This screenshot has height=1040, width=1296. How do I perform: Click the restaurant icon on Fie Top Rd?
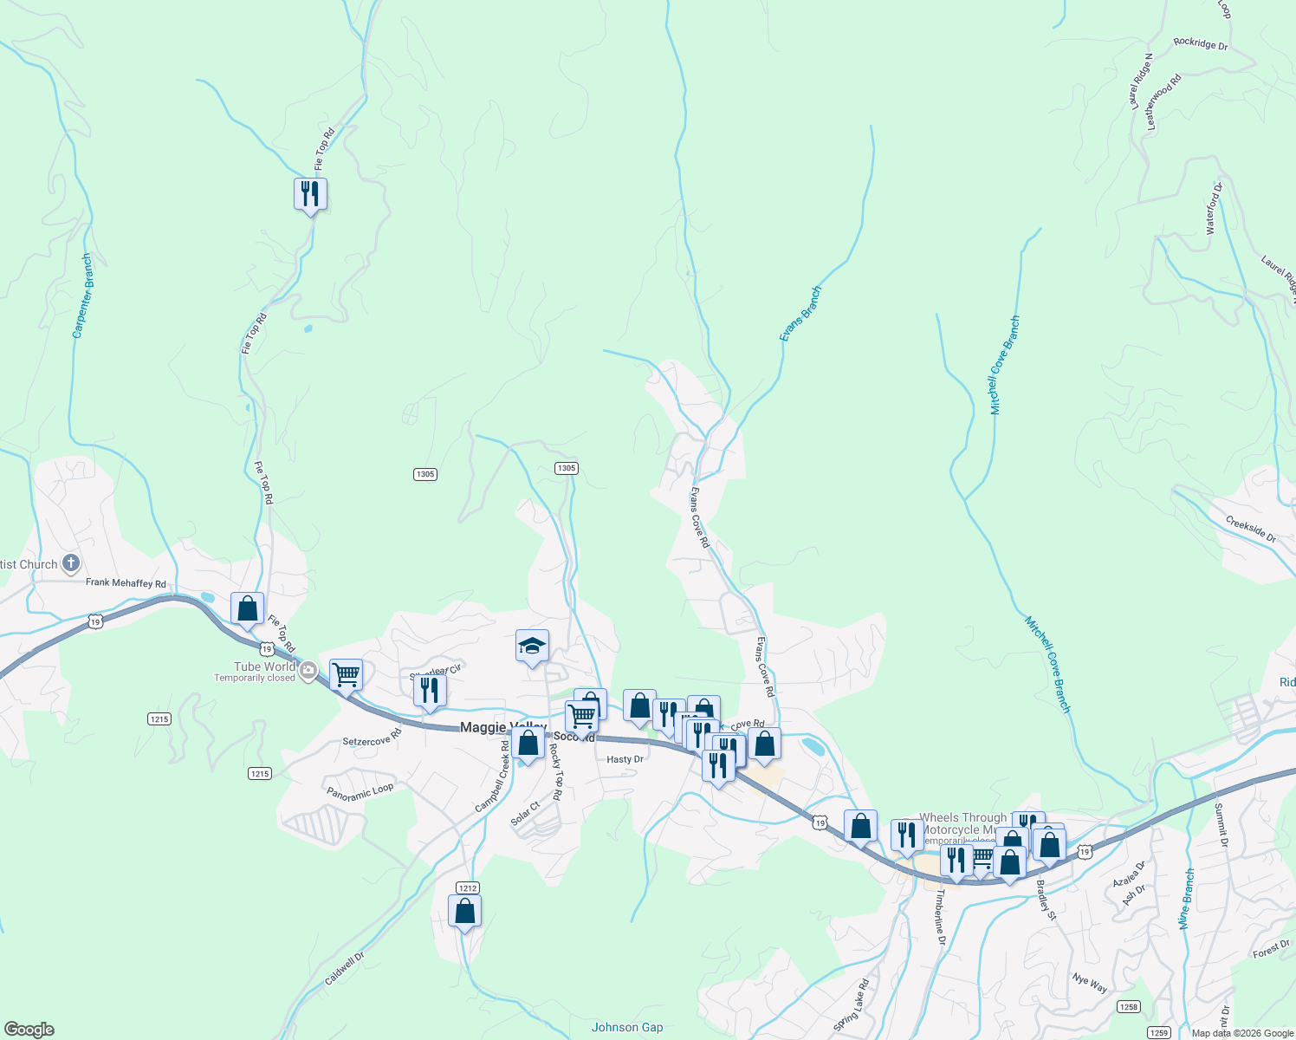coord(310,194)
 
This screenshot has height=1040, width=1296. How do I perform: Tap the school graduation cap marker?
coord(532,646)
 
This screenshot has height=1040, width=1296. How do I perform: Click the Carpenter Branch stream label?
coord(82,296)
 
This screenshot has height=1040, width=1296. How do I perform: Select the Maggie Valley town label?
coord(502,727)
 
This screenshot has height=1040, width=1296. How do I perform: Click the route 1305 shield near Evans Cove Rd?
coord(566,468)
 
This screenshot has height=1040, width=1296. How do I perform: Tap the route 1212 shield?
coord(467,887)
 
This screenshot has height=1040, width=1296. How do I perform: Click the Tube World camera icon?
coord(308,670)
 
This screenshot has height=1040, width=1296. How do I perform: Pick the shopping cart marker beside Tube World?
coord(346,674)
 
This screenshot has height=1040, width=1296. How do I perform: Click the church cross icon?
coord(71,564)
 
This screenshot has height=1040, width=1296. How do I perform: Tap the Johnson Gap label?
coord(627,1028)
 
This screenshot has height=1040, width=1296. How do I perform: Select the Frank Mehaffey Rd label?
coord(126,583)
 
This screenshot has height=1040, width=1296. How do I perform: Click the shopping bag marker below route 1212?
coord(465,912)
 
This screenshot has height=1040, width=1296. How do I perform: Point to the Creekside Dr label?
coord(1250,530)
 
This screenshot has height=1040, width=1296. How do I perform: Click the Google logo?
coord(28,1030)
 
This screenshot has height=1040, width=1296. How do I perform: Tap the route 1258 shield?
coord(1128,1006)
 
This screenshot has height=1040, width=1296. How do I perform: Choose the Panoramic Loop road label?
coord(360,791)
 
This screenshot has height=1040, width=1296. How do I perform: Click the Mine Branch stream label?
coord(1187,900)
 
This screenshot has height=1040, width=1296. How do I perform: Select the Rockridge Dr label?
coord(1201,44)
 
